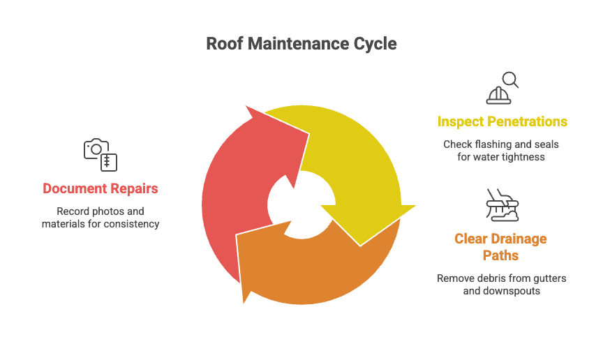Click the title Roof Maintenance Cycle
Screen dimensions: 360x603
point(301,44)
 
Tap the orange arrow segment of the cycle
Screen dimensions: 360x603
point(307,269)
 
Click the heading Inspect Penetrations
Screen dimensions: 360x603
point(502,121)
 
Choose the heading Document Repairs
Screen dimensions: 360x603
point(100,188)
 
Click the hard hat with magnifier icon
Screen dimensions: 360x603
point(502,87)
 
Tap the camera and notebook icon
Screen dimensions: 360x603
point(100,154)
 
